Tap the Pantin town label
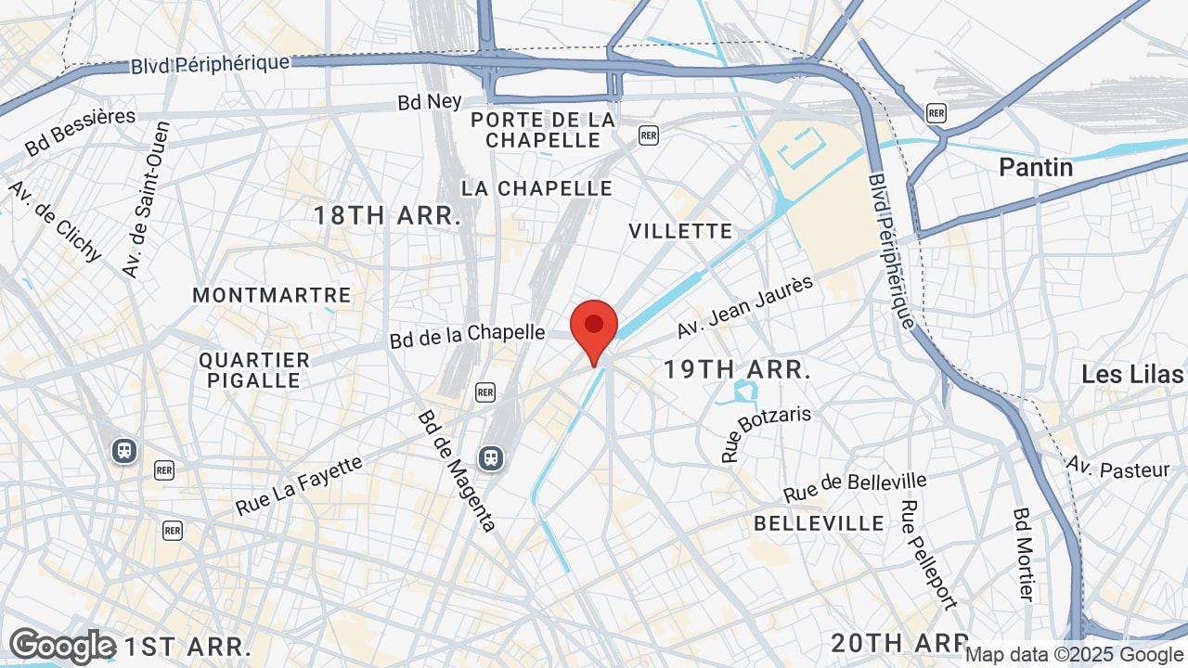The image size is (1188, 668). pos(1036,167)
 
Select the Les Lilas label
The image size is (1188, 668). pos(1132,375)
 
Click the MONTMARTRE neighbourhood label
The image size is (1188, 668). pos(272,296)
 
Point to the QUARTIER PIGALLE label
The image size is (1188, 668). pos(254,370)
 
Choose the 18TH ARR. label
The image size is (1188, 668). pos(387,216)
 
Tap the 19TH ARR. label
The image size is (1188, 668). pos(737,370)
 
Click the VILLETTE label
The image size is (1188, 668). pos(680,231)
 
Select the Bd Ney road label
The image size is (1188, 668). pos(430,101)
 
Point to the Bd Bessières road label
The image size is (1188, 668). pos(80,132)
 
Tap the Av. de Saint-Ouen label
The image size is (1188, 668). pos(147,199)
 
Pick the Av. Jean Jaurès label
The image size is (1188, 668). pos(744,307)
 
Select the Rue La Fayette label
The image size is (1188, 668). pos(299,485)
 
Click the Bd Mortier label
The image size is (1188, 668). pos(1023,554)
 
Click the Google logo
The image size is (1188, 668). pos(62,646)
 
